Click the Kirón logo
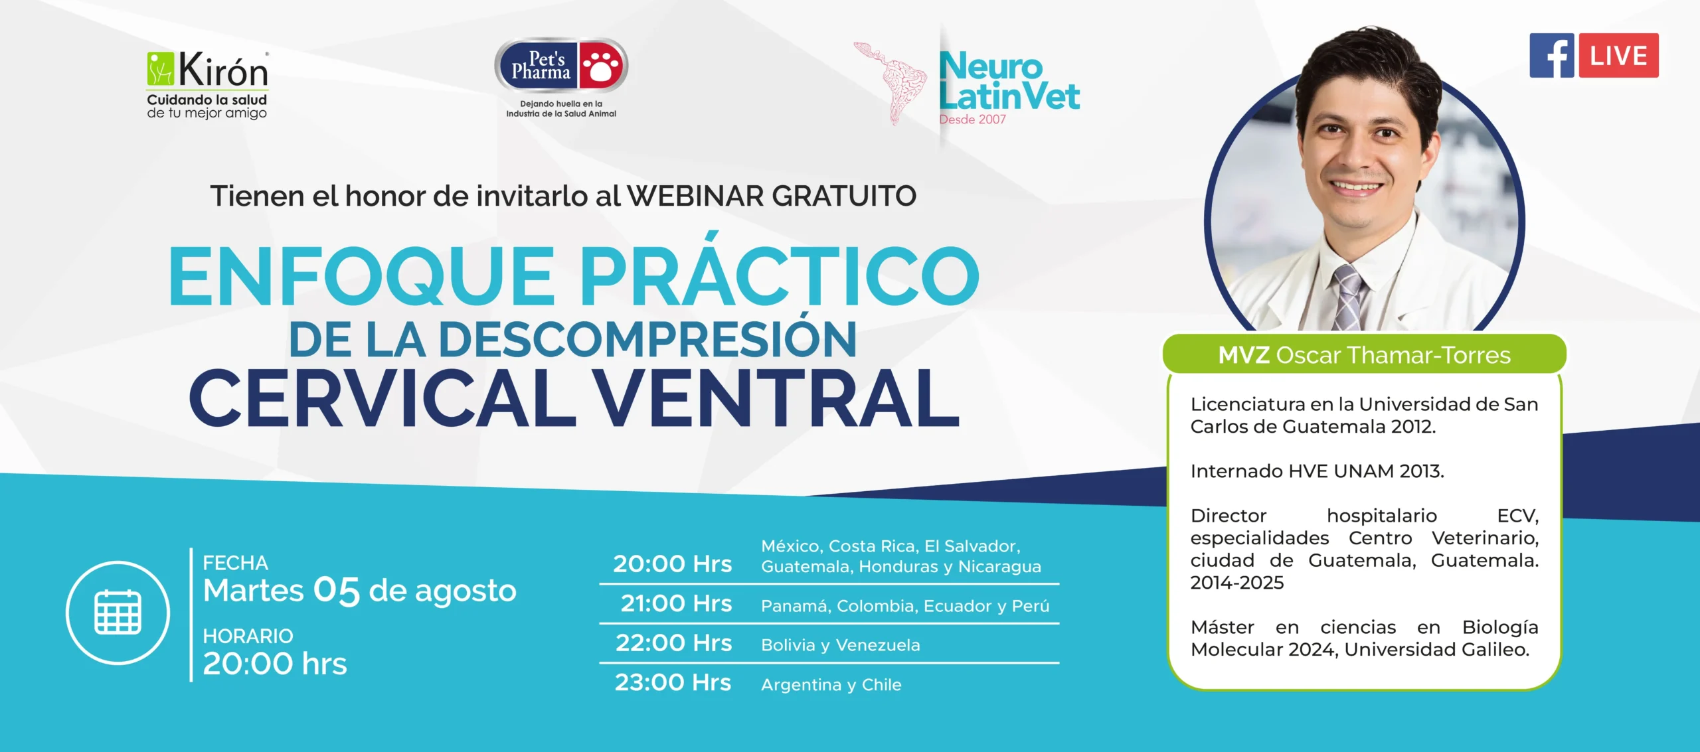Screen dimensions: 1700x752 207,85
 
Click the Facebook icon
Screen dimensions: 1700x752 1552,56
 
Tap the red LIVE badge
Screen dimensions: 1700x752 1618,56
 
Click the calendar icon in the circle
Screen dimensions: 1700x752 118,612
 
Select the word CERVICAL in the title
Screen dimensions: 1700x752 382,398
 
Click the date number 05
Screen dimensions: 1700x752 336,590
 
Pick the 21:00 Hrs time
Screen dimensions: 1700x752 676,603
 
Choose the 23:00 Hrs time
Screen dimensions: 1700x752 673,682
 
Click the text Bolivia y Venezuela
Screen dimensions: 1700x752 841,644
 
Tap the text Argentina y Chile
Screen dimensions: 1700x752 831,684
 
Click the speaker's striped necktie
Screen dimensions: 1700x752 1348,297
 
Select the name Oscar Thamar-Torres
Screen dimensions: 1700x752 1393,355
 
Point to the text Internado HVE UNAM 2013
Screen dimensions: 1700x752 1317,471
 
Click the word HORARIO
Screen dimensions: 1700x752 248,636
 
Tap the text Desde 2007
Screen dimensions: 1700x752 972,119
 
